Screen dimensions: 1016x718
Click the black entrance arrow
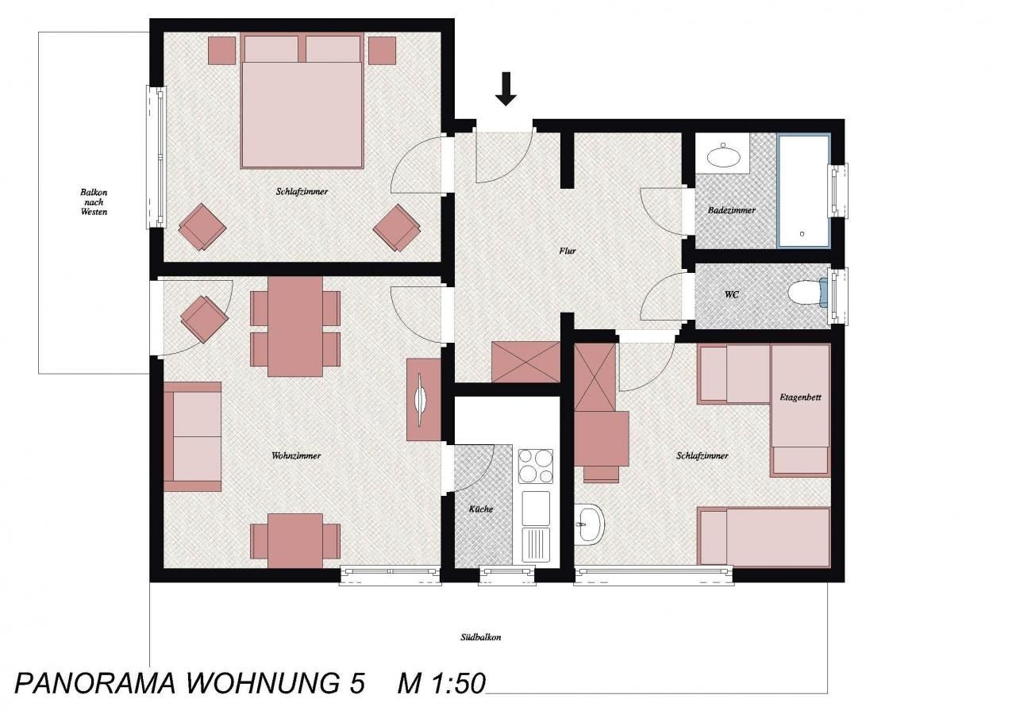point(506,88)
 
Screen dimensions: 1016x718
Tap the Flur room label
point(568,251)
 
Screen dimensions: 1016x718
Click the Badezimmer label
point(732,210)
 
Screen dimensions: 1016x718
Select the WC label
point(732,294)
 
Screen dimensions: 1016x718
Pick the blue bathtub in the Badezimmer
point(804,190)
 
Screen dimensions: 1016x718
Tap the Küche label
point(481,509)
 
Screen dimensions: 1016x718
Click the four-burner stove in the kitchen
point(536,466)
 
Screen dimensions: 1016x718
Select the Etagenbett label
point(801,397)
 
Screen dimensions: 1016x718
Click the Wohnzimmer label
point(296,455)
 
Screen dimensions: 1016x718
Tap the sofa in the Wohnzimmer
point(192,436)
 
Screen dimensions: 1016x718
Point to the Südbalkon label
point(481,637)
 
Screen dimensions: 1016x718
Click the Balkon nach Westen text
point(94,202)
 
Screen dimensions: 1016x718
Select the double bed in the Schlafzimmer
point(302,101)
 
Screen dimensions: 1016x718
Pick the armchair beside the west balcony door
point(204,319)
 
